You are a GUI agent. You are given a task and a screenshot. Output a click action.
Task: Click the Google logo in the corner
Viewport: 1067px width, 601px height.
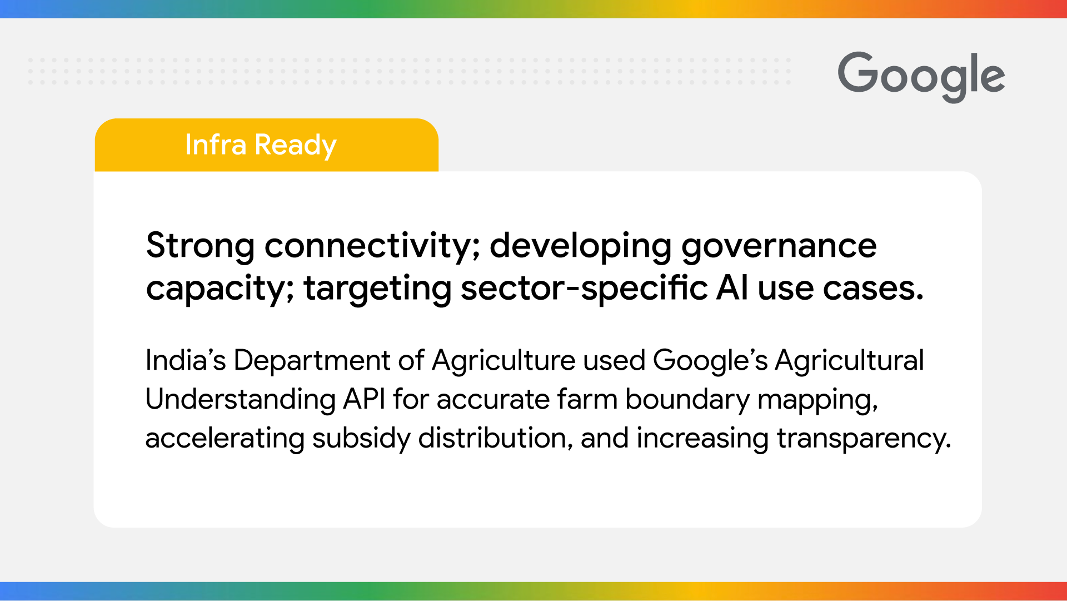(921, 76)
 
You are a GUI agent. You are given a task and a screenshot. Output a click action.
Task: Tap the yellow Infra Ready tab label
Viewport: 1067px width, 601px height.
(261, 145)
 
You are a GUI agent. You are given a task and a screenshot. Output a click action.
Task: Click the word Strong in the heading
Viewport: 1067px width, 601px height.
(200, 245)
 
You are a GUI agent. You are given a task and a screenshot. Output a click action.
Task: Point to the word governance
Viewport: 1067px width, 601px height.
(779, 245)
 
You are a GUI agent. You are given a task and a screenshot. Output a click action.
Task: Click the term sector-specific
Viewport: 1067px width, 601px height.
(584, 289)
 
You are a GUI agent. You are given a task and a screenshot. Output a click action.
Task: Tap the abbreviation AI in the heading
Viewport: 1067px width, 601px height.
(732, 289)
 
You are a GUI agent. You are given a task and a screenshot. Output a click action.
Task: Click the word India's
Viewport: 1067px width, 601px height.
(186, 360)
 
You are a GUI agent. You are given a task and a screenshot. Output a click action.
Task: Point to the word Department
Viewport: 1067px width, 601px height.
(312, 360)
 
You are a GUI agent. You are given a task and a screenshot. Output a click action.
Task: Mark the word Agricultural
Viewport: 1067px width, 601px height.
(849, 360)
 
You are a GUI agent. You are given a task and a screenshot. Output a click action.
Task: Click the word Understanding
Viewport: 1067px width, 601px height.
(241, 399)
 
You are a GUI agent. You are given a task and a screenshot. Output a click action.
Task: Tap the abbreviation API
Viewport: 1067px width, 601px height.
(364, 399)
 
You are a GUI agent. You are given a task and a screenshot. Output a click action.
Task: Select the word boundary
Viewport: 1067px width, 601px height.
(687, 399)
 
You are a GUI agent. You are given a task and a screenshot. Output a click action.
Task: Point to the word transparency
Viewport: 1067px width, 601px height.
(864, 438)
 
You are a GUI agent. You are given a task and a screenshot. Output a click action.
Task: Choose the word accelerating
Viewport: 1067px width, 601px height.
(225, 438)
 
